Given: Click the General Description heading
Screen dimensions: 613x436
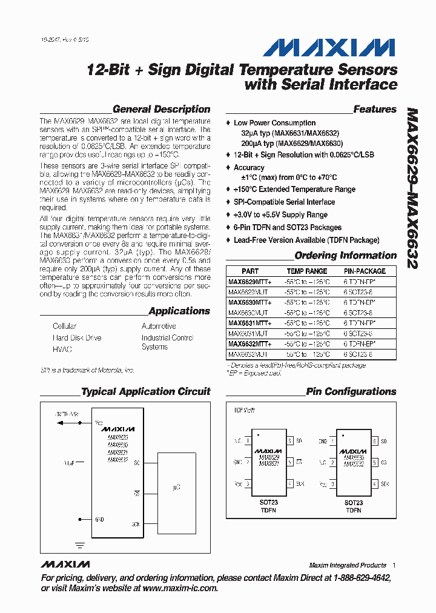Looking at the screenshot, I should pos(161,110).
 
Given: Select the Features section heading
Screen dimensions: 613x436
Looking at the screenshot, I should pos(374,110).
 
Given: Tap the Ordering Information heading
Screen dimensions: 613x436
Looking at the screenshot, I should pos(345,256).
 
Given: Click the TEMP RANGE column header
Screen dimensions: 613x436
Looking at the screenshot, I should pos(306,271).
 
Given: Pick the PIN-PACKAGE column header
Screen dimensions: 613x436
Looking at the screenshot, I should pos(365,271).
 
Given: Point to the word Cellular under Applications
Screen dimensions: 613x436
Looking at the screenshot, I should pos(65,326).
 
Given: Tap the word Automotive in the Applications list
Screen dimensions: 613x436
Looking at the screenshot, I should pos(159,326).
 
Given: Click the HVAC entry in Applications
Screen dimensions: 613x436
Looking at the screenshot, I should pos(62,350).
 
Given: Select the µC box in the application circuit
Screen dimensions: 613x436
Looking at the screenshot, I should pos(176,486).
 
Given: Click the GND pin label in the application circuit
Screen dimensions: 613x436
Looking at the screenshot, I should pos(100,519).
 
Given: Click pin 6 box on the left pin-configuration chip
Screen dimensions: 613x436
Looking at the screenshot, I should pos(290,441).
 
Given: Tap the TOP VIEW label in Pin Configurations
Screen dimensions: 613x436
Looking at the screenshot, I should pos(244,410).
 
